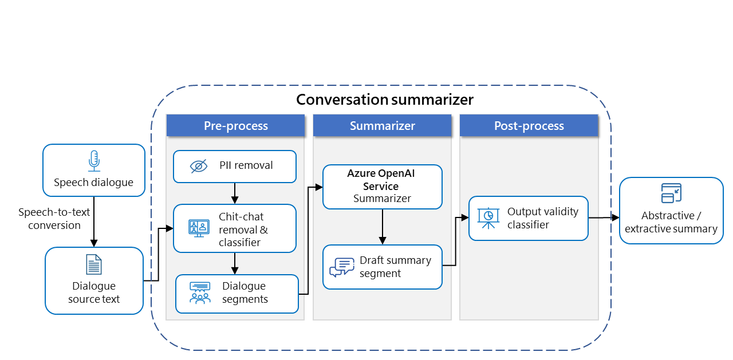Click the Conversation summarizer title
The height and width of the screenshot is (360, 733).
pyautogui.click(x=384, y=100)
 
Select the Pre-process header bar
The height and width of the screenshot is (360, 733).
pyautogui.click(x=235, y=126)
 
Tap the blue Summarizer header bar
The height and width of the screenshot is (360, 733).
pyautogui.click(x=382, y=126)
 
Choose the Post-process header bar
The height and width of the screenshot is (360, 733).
pyautogui.click(x=529, y=126)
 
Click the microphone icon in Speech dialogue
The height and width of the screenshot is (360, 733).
pyautogui.click(x=94, y=161)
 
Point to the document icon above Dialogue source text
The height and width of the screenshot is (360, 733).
pyautogui.click(x=94, y=264)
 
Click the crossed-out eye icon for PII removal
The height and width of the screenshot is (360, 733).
pyautogui.click(x=198, y=166)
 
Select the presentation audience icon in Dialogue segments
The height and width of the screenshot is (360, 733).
pyautogui.click(x=199, y=292)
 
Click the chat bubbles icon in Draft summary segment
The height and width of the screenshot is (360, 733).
pyautogui.click(x=342, y=267)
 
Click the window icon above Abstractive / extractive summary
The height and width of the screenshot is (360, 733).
pyautogui.click(x=671, y=193)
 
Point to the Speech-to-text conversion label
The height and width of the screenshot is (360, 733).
pyautogui.click(x=54, y=219)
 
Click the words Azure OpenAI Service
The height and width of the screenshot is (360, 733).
pyautogui.click(x=381, y=180)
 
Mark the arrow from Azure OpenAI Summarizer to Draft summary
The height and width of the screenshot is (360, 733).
pyautogui.click(x=382, y=227)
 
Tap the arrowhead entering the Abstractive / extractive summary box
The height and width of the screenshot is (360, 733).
pyautogui.click(x=615, y=218)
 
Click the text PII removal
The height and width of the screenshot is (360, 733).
pyautogui.click(x=246, y=165)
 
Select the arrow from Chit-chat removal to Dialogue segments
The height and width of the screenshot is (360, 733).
pyautogui.click(x=235, y=263)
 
